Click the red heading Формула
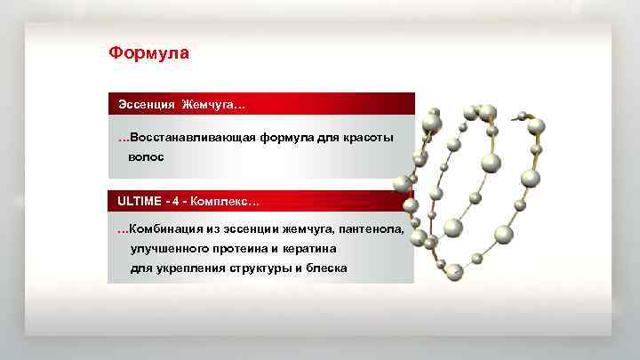click(x=148, y=53)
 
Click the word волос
click(x=146, y=156)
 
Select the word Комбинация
click(x=169, y=229)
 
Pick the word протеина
click(x=250, y=249)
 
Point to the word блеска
click(x=327, y=268)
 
